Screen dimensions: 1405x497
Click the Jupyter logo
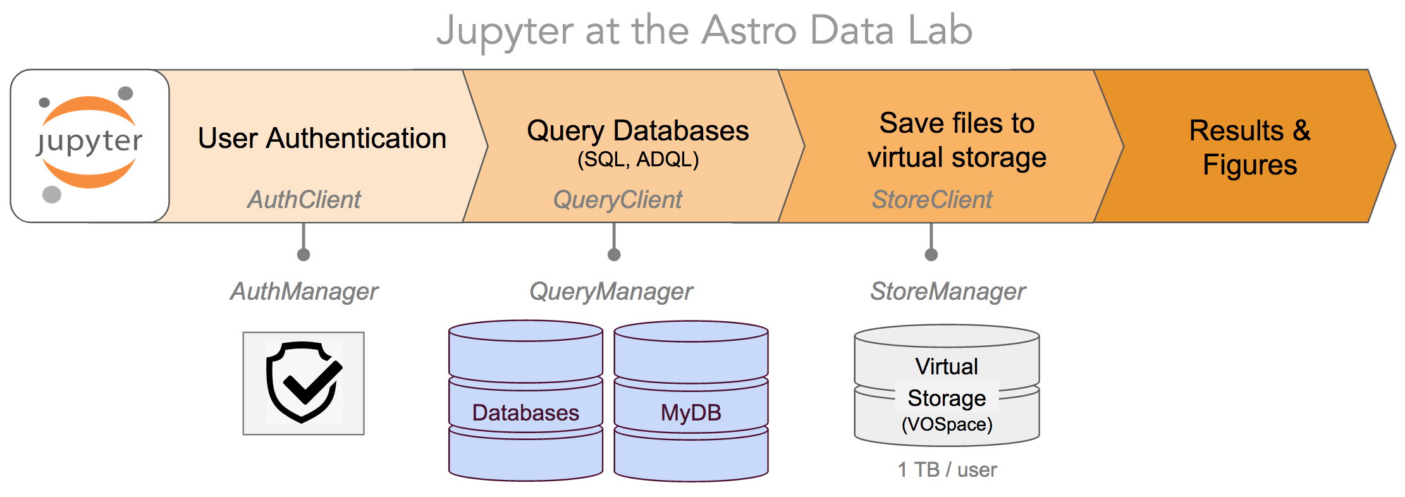point(90,145)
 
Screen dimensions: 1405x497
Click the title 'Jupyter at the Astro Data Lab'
point(704,31)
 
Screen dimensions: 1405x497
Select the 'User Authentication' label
point(322,138)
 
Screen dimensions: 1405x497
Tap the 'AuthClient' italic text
point(304,200)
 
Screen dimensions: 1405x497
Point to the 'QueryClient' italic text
point(618,200)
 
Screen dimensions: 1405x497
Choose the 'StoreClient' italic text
point(932,200)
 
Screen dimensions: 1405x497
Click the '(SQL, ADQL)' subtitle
point(638,159)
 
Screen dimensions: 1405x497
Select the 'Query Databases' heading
point(638,131)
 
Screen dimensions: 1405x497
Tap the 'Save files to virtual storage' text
point(957,140)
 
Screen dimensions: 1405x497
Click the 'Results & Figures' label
point(1250,148)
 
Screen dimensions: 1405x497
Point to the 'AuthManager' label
point(304,291)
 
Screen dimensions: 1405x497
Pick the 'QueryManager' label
point(611,291)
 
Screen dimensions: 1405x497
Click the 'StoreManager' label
point(948,291)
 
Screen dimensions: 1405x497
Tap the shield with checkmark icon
point(304,383)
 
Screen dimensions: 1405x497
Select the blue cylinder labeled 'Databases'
point(525,400)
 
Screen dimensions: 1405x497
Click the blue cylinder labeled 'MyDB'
point(691,401)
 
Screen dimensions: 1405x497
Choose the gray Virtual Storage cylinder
point(947,385)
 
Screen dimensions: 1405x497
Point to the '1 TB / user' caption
point(947,470)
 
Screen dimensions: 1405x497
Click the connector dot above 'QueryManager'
point(614,255)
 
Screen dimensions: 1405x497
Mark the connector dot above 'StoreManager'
point(931,255)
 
